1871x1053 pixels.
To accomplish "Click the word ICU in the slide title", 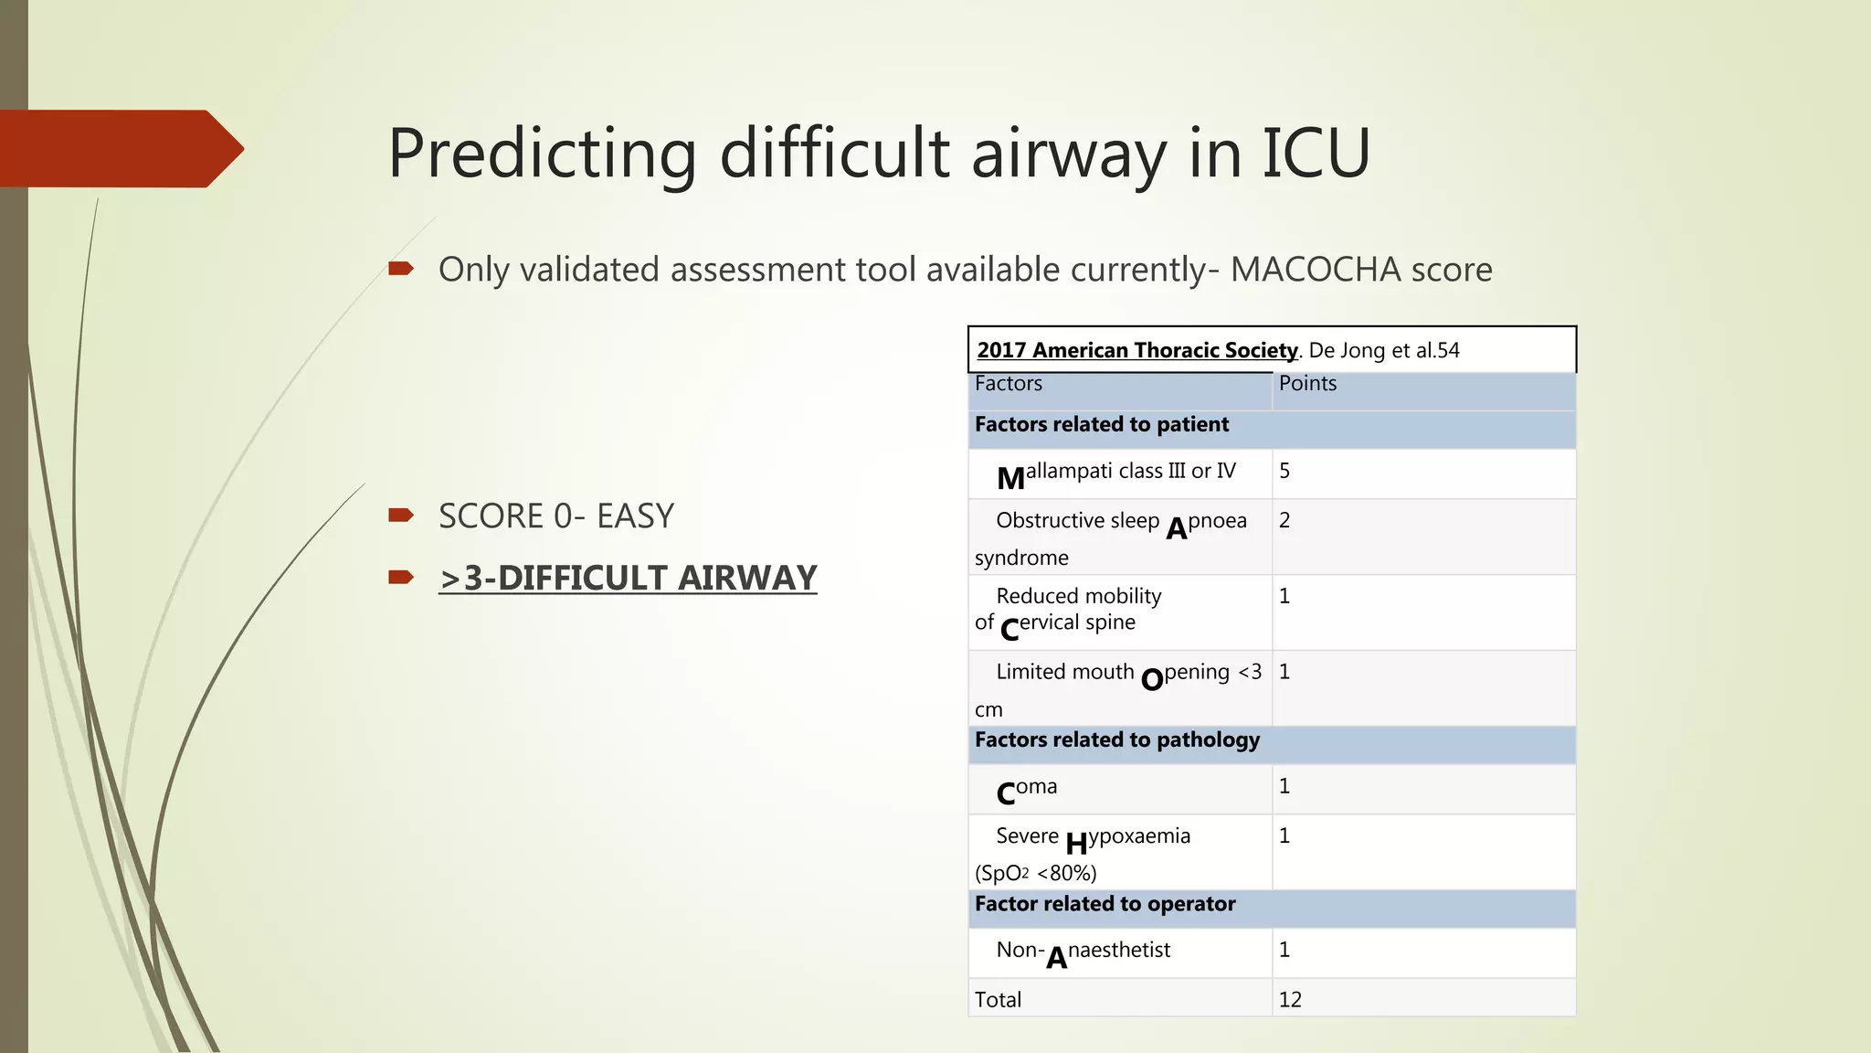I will pos(1316,153).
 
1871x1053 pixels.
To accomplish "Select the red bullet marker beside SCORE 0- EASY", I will pos(401,516).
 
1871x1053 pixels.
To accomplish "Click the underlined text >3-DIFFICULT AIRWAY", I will pos(628,578).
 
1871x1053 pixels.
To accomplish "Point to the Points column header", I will pos(1307,384).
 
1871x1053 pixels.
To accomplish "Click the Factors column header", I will pos(1008,384).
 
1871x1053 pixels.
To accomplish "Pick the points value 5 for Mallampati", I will pos(1284,471).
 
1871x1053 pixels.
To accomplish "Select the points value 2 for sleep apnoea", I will pos(1284,520).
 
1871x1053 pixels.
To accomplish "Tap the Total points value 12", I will pos(1290,999).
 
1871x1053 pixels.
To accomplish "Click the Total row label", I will pos(998,999).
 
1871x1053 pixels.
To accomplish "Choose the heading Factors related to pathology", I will pos(1116,739).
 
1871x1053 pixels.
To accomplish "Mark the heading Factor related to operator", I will pos(1105,904).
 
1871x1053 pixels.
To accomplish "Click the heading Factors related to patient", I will pos(1101,424).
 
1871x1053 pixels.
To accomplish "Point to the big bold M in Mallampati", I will pos(1010,478).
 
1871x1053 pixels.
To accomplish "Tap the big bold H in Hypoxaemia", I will pos(1076,843).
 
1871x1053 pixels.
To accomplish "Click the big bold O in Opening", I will pos(1152,679).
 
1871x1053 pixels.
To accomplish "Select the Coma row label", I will pos(1027,790).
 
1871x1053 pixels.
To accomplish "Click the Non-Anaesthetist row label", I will pos(1083,952).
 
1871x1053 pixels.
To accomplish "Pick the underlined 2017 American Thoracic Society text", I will pos(1136,350).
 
